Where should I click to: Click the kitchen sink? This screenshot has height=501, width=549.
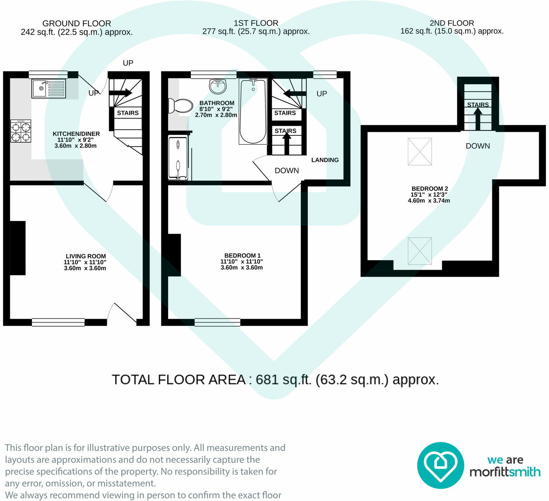pyautogui.click(x=49, y=89)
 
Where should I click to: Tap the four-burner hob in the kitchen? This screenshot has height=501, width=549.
pyautogui.click(x=21, y=131)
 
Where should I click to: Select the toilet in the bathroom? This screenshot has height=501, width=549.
pyautogui.click(x=180, y=106)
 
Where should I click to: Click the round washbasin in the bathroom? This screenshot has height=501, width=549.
pyautogui.click(x=218, y=86)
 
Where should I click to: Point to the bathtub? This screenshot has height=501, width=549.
pyautogui.click(x=253, y=111)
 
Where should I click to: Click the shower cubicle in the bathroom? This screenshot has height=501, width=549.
pyautogui.click(x=178, y=158)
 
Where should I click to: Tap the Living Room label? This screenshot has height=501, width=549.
pyautogui.click(x=85, y=256)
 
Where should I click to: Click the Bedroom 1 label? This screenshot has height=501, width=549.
pyautogui.click(x=242, y=255)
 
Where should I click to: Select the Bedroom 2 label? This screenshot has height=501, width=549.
pyautogui.click(x=430, y=189)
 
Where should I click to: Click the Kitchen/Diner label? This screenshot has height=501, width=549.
pyautogui.click(x=76, y=134)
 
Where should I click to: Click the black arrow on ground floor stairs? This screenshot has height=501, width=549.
pyautogui.click(x=120, y=93)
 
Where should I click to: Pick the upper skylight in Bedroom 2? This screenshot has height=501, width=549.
pyautogui.click(x=420, y=151)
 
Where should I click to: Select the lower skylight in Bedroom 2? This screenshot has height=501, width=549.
pyautogui.click(x=420, y=251)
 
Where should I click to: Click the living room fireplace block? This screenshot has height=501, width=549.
pyautogui.click(x=18, y=248)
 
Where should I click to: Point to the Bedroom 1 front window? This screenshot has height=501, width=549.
pyautogui.click(x=217, y=322)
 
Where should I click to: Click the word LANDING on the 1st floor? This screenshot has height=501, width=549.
pyautogui.click(x=325, y=160)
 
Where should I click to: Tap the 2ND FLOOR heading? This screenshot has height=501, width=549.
pyautogui.click(x=452, y=23)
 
